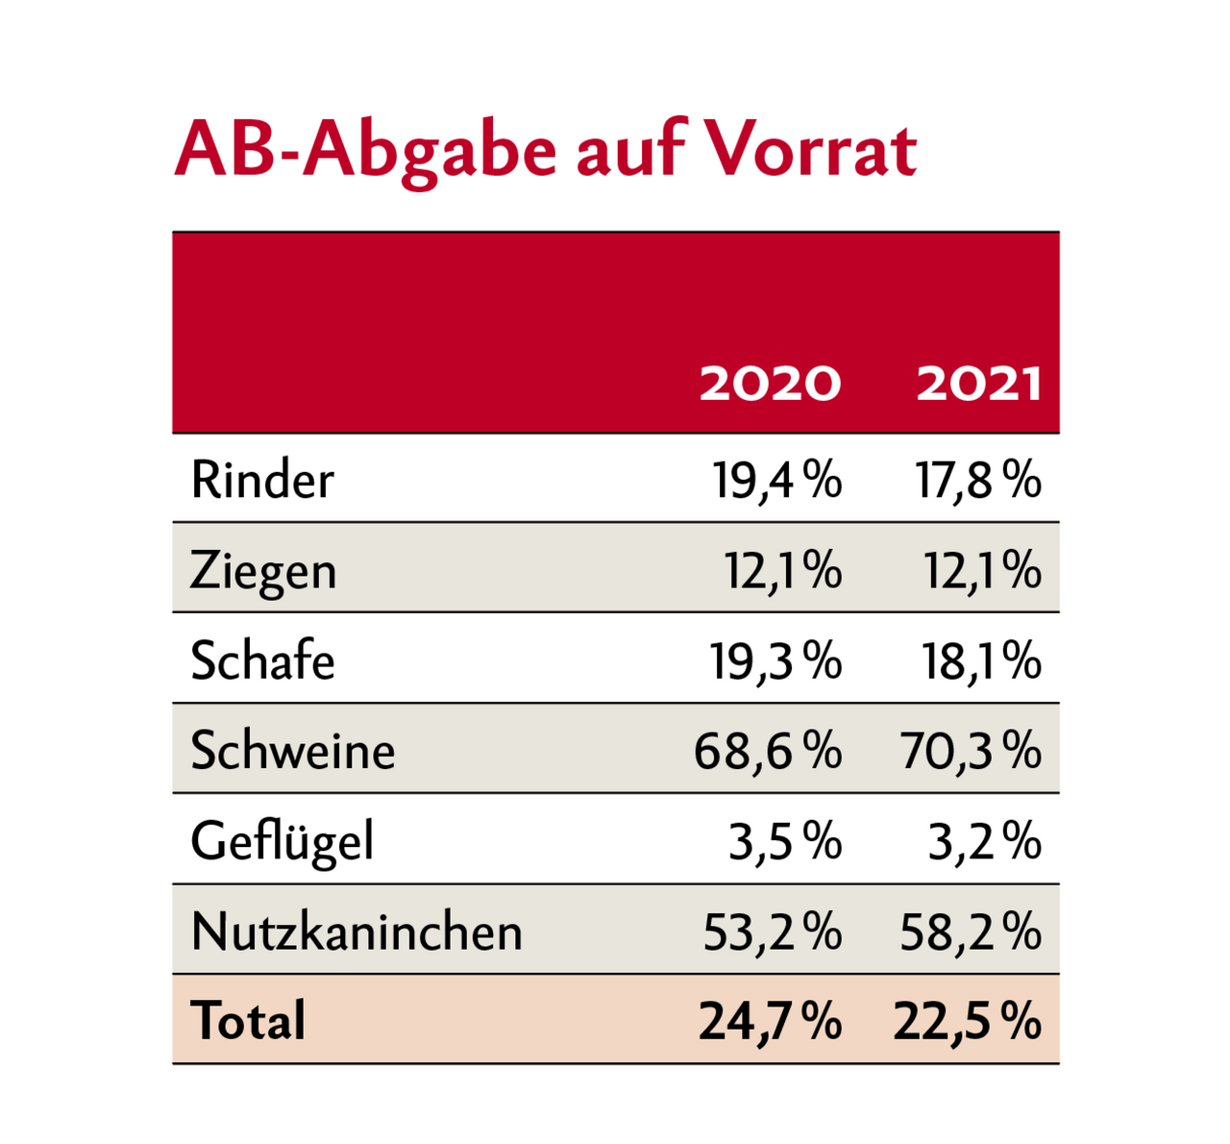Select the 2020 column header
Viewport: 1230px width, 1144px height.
770,385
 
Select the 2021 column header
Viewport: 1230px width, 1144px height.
978,385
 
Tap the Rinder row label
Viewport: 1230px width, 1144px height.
262,480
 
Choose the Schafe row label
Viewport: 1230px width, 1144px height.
262,661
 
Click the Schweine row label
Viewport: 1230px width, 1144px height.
292,751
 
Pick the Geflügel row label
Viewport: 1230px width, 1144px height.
282,842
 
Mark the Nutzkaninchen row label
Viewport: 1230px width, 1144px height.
357,932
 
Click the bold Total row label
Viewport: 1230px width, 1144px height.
248,1020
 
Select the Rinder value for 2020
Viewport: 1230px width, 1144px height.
776,480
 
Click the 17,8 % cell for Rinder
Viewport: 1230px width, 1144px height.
977,480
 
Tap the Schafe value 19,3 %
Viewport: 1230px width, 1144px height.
775,661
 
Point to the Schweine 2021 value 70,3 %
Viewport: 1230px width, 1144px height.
971,751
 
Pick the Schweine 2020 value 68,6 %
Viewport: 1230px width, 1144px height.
768,751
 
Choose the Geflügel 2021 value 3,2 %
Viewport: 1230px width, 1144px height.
984,842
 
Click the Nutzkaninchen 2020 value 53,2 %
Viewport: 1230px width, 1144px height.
772,932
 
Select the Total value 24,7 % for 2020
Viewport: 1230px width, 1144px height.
770,1021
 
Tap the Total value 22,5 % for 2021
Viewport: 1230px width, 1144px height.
967,1021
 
